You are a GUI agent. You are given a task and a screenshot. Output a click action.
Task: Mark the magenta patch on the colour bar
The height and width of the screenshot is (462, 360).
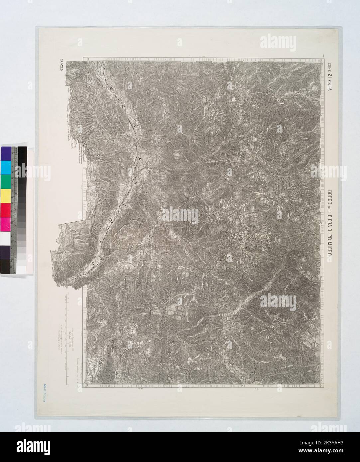(6, 223)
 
